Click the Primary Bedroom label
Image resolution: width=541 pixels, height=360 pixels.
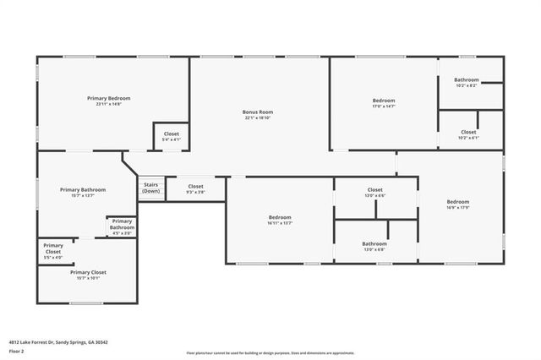(108, 99)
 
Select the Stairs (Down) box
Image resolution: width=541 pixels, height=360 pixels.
(151, 188)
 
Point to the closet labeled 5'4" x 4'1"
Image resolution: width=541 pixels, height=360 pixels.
(171, 135)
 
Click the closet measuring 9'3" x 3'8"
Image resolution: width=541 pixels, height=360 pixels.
(195, 188)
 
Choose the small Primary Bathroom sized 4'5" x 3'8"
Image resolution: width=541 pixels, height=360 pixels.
(122, 226)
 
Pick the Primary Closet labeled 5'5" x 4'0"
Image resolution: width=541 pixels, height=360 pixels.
(53, 251)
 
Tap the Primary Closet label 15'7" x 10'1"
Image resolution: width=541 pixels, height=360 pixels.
(88, 275)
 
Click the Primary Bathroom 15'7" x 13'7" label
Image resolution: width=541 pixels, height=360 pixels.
(83, 192)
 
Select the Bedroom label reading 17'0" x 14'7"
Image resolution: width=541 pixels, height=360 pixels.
(384, 101)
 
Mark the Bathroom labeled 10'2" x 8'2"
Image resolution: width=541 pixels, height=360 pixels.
(467, 82)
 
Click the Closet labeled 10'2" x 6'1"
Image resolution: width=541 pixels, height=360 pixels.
(468, 134)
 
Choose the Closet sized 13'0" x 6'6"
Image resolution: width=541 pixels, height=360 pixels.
(374, 192)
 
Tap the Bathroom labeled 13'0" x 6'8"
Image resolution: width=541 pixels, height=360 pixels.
(374, 246)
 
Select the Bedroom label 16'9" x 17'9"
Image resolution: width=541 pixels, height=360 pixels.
(458, 204)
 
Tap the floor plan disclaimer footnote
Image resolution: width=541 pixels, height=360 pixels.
(270, 352)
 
